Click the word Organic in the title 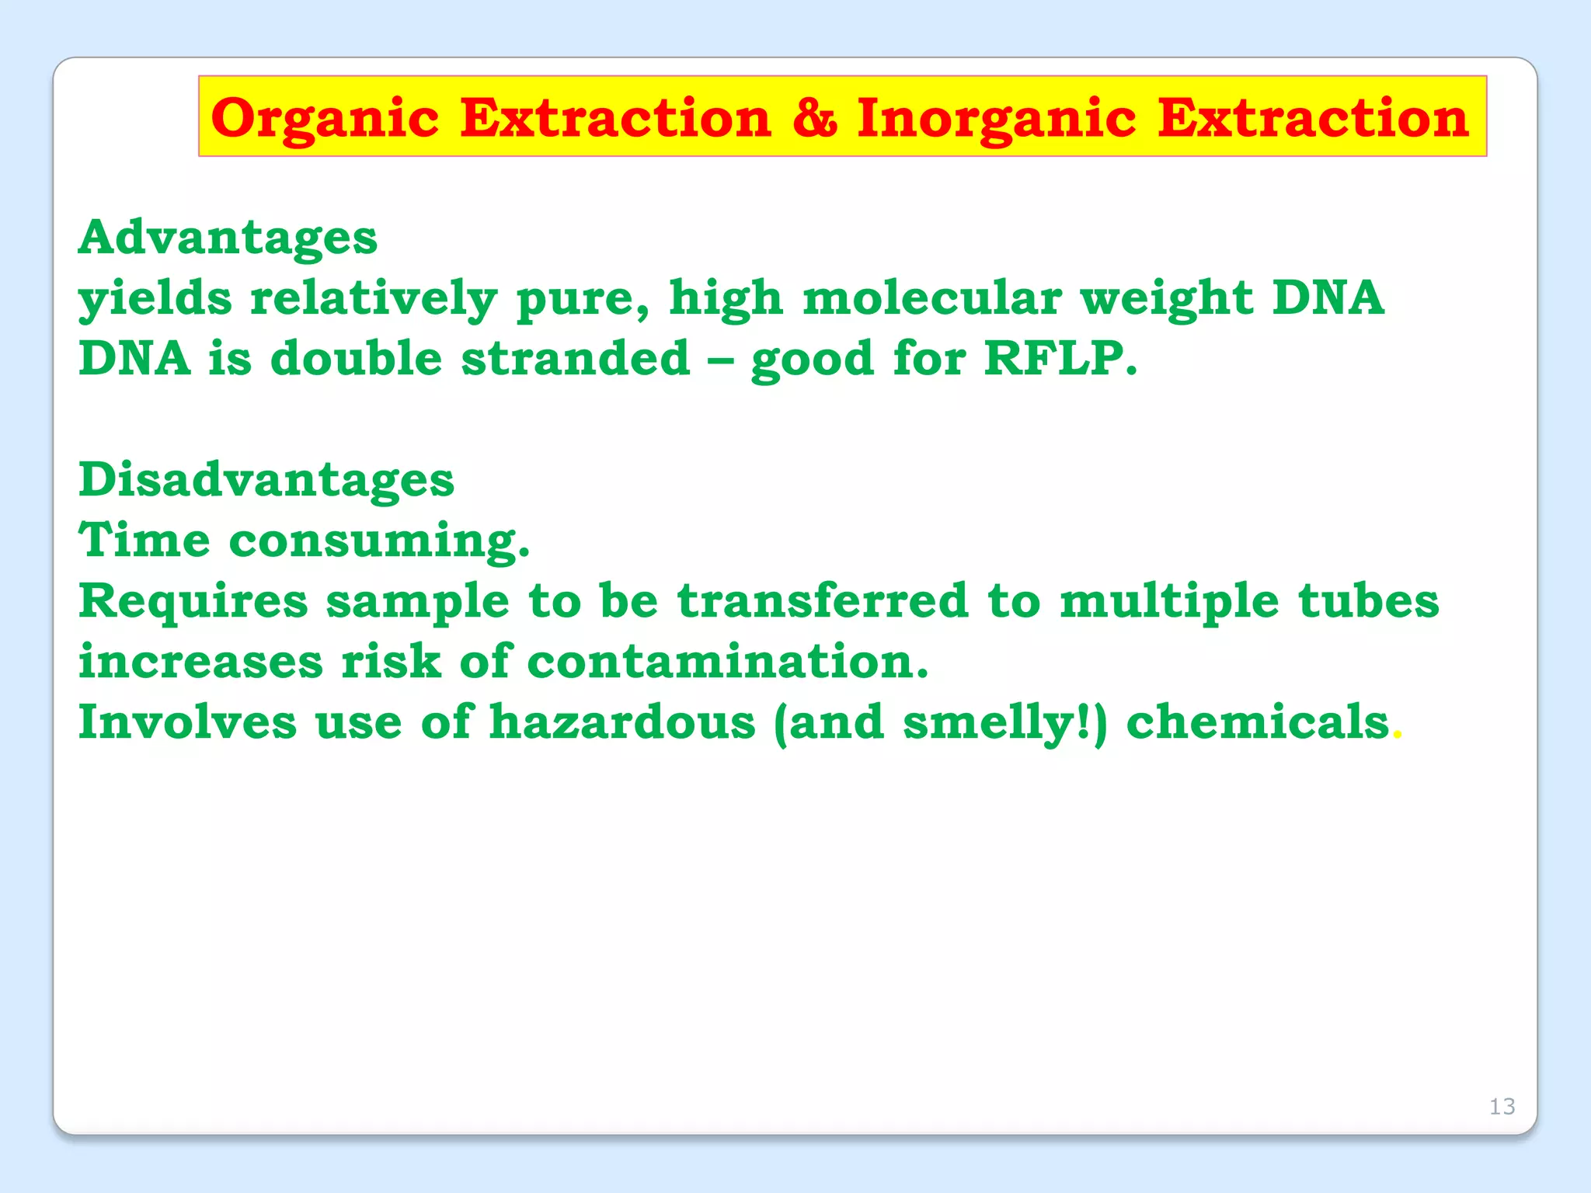(x=325, y=119)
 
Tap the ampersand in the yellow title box (x=814, y=119)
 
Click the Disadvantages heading (x=266, y=479)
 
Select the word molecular (x=931, y=297)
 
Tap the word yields (x=155, y=299)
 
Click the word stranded (x=576, y=358)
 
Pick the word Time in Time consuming (x=144, y=540)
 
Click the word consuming (x=379, y=541)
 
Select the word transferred (x=823, y=600)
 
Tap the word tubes (x=1368, y=600)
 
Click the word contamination (x=727, y=662)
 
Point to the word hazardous (x=622, y=722)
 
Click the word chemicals (x=1257, y=722)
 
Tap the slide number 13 (x=1502, y=1106)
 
